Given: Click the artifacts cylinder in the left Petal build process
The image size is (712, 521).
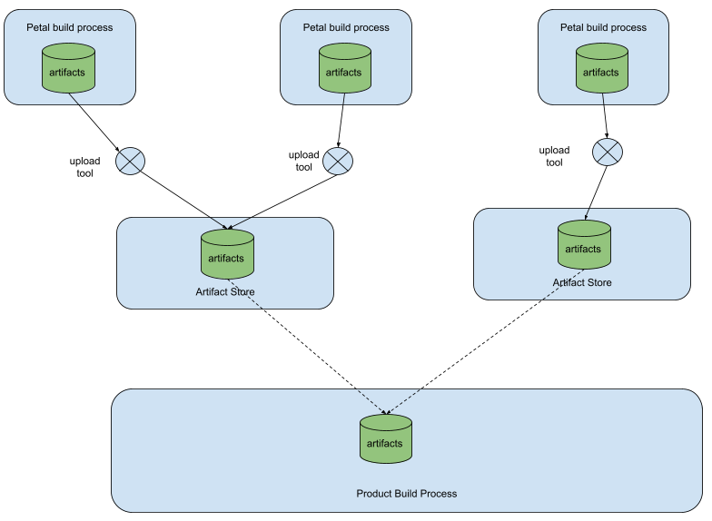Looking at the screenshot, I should coord(69,70).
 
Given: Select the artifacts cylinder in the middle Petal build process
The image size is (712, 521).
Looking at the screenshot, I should coord(344,70).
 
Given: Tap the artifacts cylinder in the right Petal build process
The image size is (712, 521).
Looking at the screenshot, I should coord(601,70).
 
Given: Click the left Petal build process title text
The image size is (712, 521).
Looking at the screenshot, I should coord(70,27).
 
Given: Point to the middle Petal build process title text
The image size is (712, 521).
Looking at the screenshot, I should coord(346,27).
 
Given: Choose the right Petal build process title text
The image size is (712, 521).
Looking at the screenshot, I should coord(603,27).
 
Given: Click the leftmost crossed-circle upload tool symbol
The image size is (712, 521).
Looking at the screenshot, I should coord(130,162).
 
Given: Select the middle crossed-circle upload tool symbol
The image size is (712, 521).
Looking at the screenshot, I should coord(338,161).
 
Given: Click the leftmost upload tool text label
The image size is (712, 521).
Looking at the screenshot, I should coord(84,167).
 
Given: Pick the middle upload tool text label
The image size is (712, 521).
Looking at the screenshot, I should coord(303,161).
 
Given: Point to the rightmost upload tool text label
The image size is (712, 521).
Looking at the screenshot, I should coord(554,156).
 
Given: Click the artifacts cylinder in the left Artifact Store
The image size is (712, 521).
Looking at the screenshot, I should coord(227,255).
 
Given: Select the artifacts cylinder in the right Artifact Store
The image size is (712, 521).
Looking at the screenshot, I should coord(584,246).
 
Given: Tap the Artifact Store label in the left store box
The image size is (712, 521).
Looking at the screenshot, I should coord(225,292).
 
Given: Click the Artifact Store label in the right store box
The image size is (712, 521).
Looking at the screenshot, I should coord(582,282).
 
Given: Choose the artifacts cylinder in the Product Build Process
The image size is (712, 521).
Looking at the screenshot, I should coord(385,440).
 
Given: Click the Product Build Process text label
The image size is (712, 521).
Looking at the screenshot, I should coord(406,494).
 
